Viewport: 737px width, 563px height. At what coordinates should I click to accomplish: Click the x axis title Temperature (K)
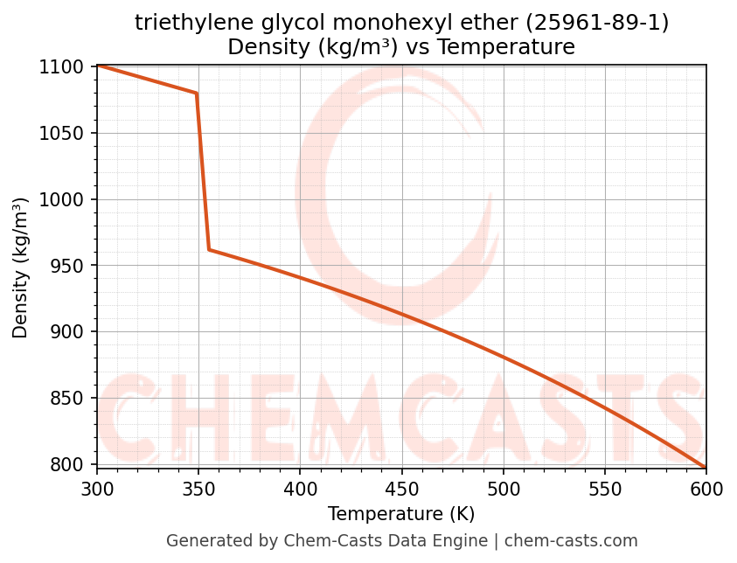(x=401, y=514)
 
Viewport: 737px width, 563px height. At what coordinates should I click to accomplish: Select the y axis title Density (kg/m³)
(x=20, y=268)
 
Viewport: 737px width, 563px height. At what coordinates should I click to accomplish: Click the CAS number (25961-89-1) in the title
(x=596, y=24)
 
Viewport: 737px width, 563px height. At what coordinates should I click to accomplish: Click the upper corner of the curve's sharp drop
(x=197, y=93)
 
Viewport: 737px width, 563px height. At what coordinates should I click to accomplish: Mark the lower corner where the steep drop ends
(x=209, y=250)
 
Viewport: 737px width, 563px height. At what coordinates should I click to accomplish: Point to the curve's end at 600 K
(x=706, y=468)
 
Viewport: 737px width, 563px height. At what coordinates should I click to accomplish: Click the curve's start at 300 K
(x=97, y=66)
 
